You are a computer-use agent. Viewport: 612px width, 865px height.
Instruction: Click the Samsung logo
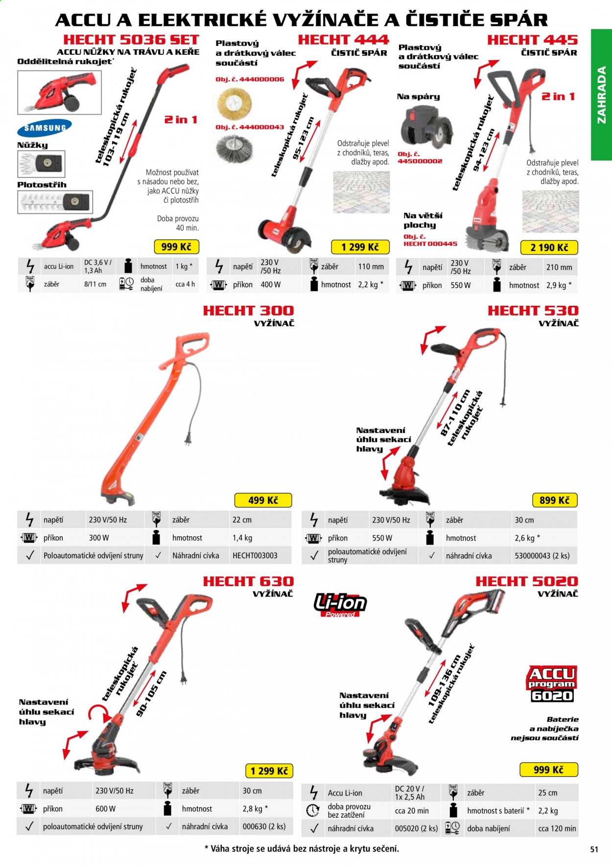click(45, 128)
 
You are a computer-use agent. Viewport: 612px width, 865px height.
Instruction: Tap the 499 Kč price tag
click(263, 500)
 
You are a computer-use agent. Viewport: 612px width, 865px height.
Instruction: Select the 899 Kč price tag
click(555, 500)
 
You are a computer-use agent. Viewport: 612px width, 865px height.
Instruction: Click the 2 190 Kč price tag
click(549, 248)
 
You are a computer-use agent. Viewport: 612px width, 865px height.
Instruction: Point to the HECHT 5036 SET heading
click(131, 40)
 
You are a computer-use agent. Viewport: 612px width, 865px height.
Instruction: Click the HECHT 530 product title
click(533, 311)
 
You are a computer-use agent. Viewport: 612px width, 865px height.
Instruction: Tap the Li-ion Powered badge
click(340, 605)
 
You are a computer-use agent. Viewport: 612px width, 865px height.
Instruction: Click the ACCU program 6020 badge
click(552, 683)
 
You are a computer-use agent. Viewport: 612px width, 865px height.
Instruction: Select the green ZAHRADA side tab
click(601, 94)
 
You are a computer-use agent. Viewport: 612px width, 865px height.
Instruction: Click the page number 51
click(594, 849)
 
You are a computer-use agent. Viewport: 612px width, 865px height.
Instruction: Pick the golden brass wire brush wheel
click(234, 103)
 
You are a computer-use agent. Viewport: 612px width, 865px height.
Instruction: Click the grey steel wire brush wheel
click(235, 149)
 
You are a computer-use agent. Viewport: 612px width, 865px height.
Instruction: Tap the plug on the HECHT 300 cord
click(188, 439)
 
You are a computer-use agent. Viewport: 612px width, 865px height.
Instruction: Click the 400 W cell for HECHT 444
click(270, 284)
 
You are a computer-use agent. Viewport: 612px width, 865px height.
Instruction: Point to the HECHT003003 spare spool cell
click(255, 556)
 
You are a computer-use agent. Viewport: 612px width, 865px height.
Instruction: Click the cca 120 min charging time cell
click(557, 828)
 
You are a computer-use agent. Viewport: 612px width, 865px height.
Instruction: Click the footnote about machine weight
click(302, 849)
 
